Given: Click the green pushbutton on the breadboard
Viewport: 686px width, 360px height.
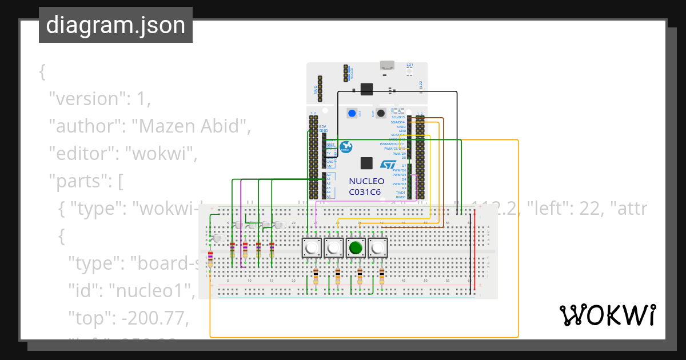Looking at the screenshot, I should pyautogui.click(x=356, y=248).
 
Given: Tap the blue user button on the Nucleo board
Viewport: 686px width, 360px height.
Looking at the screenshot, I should pyautogui.click(x=352, y=113).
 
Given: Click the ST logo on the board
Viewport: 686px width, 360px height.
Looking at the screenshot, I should pyautogui.click(x=388, y=165).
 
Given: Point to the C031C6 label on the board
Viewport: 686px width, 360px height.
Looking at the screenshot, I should pyautogui.click(x=365, y=192).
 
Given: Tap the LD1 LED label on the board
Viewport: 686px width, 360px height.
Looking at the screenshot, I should pyautogui.click(x=410, y=65).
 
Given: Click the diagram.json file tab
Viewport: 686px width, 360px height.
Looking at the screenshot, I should pyautogui.click(x=115, y=25).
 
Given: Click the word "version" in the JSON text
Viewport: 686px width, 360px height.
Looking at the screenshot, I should pyautogui.click(x=85, y=98).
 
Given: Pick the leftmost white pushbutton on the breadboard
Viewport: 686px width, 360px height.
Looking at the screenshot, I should pyautogui.click(x=310, y=248).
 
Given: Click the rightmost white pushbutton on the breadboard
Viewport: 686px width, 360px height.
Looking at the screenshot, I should pyautogui.click(x=378, y=248).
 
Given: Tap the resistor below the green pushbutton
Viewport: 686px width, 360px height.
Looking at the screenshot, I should pyautogui.click(x=360, y=277).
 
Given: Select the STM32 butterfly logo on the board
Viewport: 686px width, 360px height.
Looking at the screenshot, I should pyautogui.click(x=346, y=147).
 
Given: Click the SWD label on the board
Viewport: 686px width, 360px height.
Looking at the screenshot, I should pyautogui.click(x=315, y=90).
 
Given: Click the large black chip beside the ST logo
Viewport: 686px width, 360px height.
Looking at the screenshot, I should pyautogui.click(x=367, y=163).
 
